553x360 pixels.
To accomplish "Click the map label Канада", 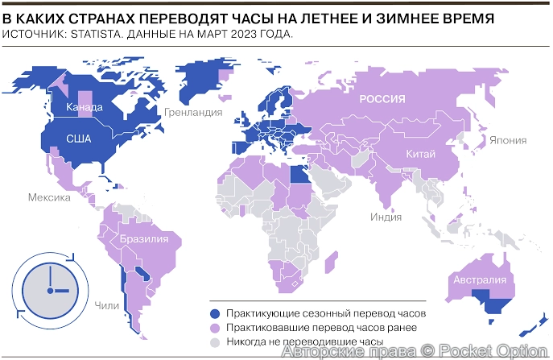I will click(x=85, y=107).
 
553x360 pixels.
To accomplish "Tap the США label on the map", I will click(x=79, y=139).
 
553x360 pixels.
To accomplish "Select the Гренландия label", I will click(x=193, y=112).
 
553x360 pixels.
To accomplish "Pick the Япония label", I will click(x=508, y=139).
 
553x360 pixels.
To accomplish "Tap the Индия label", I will click(x=386, y=216).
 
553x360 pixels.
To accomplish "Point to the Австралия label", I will click(x=480, y=280).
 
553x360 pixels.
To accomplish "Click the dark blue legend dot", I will click(x=214, y=313).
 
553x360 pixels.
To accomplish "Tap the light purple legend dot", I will click(x=214, y=328).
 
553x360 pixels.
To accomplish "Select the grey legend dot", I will click(x=214, y=342).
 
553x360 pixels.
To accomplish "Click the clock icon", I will click(x=50, y=288).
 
